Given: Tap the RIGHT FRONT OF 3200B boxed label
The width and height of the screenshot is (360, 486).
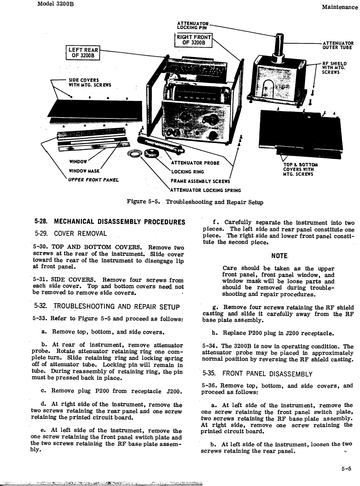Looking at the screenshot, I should pyautogui.click(x=194, y=40).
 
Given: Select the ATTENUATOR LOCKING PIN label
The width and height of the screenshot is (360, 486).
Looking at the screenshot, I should pyautogui.click(x=193, y=25).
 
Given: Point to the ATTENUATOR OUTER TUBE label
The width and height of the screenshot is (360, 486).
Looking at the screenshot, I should pyautogui.click(x=338, y=45).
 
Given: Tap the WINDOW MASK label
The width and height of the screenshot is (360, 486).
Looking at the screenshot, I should pyautogui.click(x=85, y=171).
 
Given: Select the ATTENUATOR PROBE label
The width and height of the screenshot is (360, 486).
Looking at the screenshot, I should pyautogui.click(x=195, y=163).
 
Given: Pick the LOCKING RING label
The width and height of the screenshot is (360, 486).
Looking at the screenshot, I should pyautogui.click(x=188, y=172).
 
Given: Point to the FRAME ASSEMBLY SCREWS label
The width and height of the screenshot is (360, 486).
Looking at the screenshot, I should pyautogui.click(x=200, y=181).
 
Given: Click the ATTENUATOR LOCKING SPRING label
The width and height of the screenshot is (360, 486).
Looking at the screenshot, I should pyautogui.click(x=205, y=190).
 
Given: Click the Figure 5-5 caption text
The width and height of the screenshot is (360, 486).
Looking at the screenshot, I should pyautogui.click(x=195, y=202).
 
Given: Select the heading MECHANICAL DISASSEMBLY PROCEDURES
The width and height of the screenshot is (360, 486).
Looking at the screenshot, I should pyautogui.click(x=109, y=222).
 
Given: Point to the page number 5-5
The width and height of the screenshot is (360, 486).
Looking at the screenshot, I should pyautogui.click(x=346, y=468).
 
